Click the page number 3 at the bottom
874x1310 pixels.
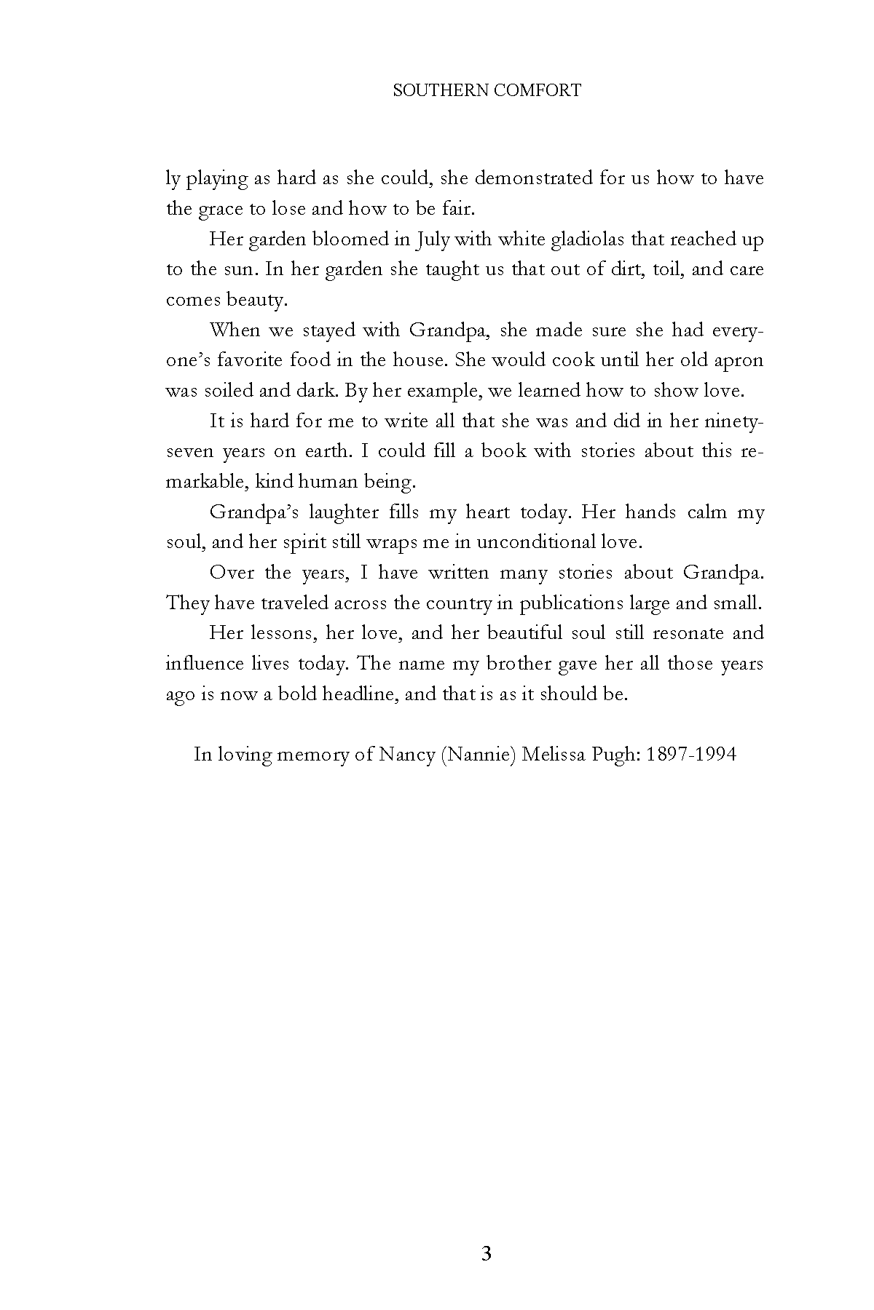[487, 1254]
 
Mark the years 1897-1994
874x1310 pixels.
[690, 755]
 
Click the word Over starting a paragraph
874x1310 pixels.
[232, 573]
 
